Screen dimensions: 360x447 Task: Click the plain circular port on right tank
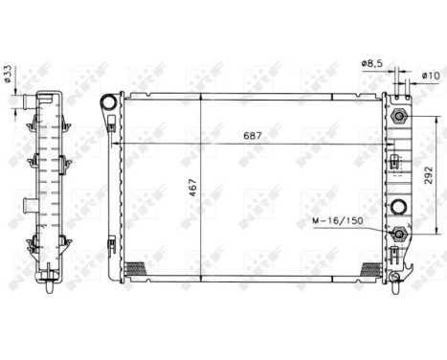coord(398,204)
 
